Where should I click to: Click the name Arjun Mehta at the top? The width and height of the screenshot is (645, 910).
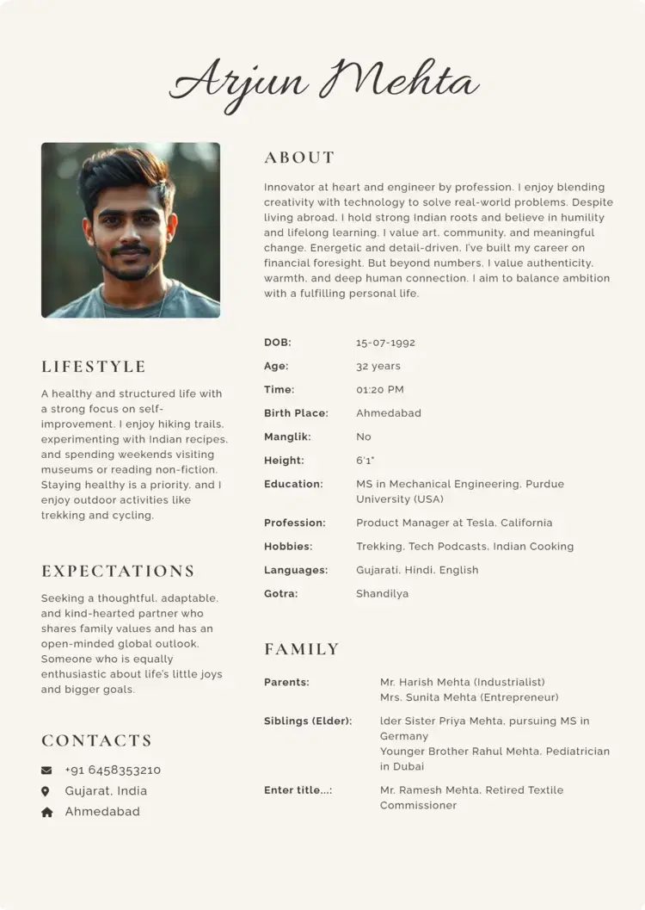[x=323, y=83]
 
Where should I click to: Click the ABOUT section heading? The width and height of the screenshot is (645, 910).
[x=299, y=158]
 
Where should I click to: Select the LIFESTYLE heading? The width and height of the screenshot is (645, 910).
[x=94, y=367]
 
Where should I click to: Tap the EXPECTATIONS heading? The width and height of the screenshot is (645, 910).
[x=118, y=572]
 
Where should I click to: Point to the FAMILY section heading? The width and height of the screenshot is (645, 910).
[x=302, y=649]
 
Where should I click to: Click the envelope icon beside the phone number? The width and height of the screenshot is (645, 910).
[x=46, y=771]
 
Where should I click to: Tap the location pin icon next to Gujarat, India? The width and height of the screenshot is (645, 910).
[x=46, y=791]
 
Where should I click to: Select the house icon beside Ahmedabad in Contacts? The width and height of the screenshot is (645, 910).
[x=46, y=812]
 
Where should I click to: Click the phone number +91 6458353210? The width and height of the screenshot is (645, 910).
[x=113, y=771]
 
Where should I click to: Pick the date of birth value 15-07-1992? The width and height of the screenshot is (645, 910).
[x=385, y=343]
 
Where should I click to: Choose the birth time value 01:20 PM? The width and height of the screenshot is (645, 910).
[x=379, y=390]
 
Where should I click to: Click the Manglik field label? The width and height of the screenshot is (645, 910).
[x=287, y=437]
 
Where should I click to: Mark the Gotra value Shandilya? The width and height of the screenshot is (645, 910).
[x=382, y=594]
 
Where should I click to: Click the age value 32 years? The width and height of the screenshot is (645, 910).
[x=378, y=367]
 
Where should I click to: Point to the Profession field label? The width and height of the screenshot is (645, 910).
[x=294, y=523]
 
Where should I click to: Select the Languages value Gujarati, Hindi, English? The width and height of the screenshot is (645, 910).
[x=417, y=571]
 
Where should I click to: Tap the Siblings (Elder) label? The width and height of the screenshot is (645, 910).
[x=308, y=721]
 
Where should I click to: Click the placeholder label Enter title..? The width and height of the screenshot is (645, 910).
[x=298, y=790]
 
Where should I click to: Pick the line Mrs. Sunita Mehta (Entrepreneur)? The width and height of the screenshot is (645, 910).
[x=469, y=698]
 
